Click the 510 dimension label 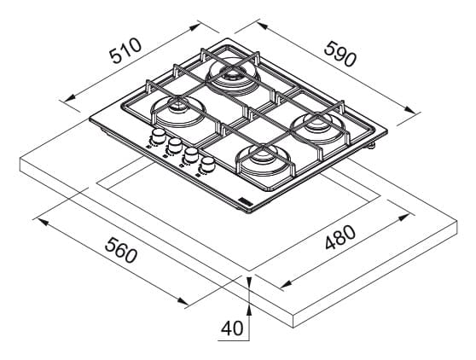[x=125, y=50]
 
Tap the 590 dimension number [x=340, y=54]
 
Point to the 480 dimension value [x=340, y=237]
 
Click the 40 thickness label [x=232, y=328]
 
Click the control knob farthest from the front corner [x=158, y=136]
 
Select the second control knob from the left [x=174, y=145]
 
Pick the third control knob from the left [x=191, y=154]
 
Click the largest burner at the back [x=233, y=75]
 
